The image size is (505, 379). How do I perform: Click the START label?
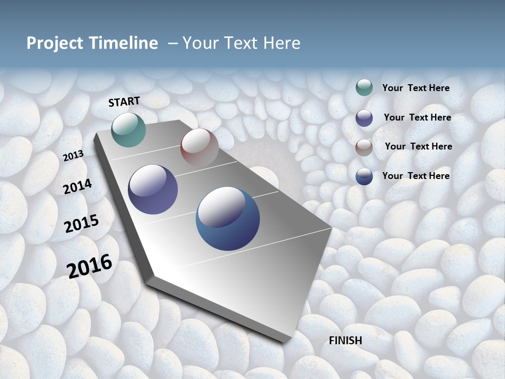[124, 102]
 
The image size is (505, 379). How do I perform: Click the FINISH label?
[346, 341]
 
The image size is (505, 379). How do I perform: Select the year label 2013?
[73, 156]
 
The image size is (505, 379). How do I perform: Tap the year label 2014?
[77, 186]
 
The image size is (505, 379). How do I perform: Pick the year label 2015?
[82, 224]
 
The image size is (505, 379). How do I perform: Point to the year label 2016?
[89, 266]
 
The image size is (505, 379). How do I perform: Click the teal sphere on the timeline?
[129, 129]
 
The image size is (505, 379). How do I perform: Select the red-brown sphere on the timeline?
[199, 147]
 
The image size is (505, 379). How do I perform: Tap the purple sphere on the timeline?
[153, 189]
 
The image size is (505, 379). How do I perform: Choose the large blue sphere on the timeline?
[228, 218]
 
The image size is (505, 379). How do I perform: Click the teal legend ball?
[364, 87]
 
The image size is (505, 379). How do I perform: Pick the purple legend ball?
[364, 118]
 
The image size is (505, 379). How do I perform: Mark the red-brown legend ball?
[364, 147]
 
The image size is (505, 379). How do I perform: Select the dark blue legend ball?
[364, 176]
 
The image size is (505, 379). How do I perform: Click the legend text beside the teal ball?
[416, 88]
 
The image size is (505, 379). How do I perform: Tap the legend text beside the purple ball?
[417, 117]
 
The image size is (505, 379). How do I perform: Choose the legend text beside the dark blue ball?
[416, 176]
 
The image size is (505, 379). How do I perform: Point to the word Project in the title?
[55, 43]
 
